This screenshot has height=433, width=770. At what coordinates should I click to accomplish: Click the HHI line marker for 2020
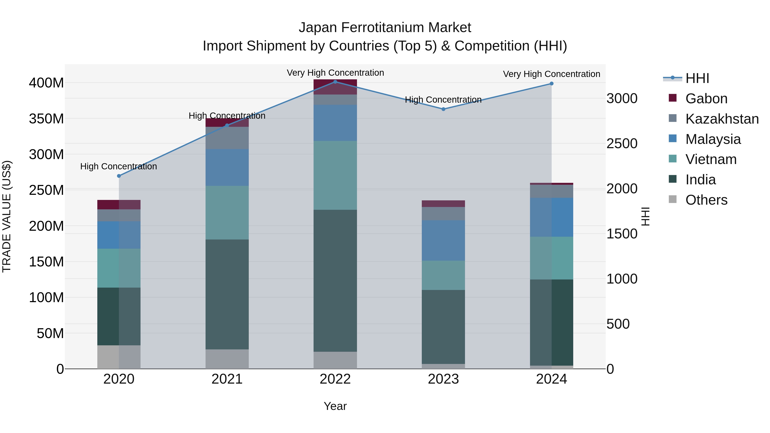(119, 176)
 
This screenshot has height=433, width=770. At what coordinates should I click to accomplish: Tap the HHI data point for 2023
(443, 109)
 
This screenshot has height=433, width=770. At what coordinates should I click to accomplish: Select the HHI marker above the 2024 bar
(551, 84)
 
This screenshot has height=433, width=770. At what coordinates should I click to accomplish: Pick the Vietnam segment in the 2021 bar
(227, 213)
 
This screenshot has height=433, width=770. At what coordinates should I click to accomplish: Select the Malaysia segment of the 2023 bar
(443, 241)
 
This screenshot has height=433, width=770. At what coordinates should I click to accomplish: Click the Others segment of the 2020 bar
(119, 357)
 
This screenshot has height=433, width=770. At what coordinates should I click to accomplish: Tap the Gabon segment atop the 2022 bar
(335, 87)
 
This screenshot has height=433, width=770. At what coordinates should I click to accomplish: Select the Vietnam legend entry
(711, 159)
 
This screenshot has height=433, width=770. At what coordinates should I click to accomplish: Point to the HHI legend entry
(697, 78)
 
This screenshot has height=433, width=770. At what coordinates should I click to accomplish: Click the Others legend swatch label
(706, 200)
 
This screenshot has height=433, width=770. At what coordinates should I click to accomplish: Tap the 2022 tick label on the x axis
(335, 379)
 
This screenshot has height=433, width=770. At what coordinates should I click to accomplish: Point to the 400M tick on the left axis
(46, 83)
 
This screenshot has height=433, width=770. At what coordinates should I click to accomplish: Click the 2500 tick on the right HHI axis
(622, 144)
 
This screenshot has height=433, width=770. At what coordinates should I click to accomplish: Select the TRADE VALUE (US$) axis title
(7, 216)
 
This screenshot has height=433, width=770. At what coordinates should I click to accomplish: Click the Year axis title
(335, 406)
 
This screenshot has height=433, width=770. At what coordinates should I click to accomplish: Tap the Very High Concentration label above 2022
(335, 73)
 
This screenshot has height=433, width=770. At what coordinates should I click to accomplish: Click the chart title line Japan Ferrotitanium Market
(385, 28)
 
